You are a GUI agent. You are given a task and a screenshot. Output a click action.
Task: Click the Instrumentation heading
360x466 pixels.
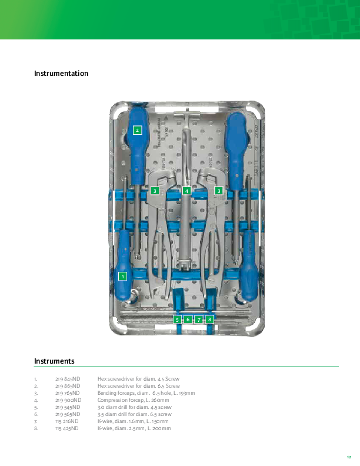(61, 74)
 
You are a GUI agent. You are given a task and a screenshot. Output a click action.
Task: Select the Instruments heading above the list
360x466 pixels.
(54, 361)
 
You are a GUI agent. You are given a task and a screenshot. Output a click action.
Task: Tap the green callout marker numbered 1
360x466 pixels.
(123, 276)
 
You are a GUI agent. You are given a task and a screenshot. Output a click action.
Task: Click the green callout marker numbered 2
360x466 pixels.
(137, 130)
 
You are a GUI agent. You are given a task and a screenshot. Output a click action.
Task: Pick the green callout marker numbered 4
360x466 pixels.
(186, 191)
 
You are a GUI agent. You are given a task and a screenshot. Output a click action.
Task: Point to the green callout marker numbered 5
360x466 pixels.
(177, 319)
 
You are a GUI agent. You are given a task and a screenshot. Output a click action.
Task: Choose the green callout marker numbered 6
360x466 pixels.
(188, 319)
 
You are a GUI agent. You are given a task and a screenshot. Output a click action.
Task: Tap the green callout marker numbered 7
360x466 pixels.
(199, 319)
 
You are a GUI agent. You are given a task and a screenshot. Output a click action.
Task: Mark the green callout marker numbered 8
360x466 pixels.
(209, 319)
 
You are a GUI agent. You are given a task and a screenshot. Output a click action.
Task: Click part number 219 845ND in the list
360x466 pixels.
(68, 378)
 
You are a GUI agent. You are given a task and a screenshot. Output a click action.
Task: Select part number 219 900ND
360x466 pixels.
(68, 400)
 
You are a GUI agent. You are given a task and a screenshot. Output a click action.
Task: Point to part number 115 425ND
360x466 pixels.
(67, 428)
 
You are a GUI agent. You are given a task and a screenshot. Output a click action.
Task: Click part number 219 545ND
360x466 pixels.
(68, 407)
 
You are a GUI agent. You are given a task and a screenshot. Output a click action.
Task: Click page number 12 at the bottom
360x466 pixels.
(349, 457)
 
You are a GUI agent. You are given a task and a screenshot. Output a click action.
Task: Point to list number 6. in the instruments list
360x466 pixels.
(36, 414)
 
